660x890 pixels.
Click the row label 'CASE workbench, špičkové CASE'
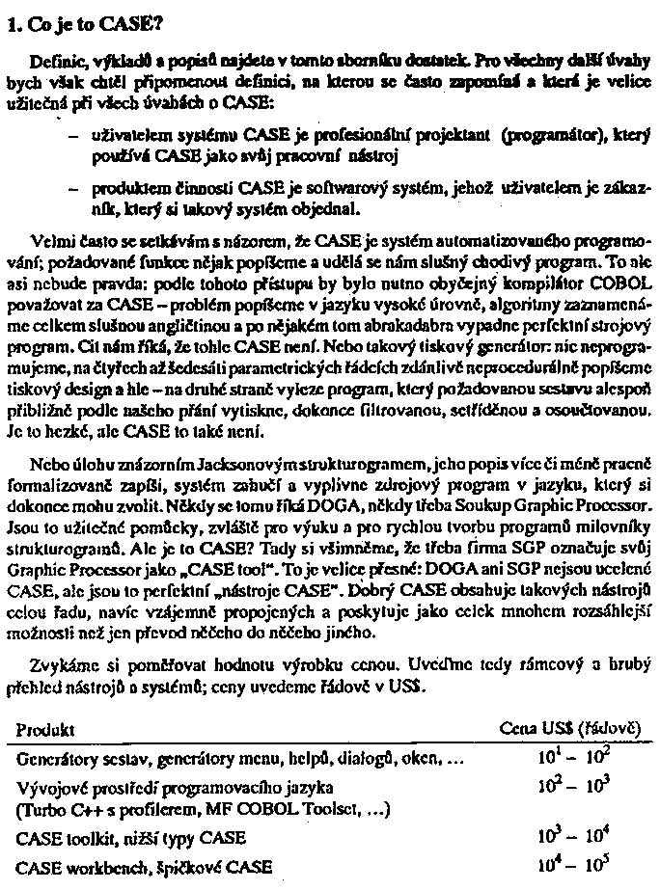point(145,865)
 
